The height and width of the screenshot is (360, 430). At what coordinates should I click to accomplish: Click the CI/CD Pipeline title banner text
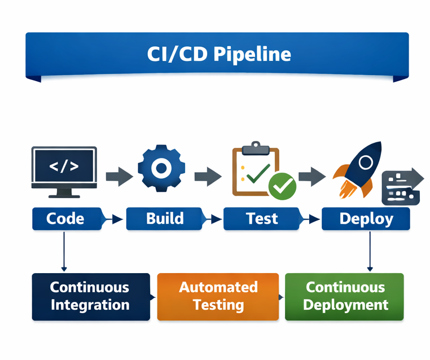219,54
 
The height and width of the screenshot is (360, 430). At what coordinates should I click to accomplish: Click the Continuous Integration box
90,296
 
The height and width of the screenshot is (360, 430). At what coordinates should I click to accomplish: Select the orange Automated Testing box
218,296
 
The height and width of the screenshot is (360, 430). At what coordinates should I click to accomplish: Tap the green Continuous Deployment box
345,296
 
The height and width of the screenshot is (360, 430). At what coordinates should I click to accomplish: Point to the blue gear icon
161,168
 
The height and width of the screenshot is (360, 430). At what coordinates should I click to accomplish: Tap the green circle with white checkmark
282,187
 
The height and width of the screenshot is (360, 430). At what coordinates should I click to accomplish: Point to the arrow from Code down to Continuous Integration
64,251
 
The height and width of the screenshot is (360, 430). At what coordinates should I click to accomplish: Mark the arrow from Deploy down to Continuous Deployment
370,251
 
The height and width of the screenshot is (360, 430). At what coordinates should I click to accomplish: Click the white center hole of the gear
161,168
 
